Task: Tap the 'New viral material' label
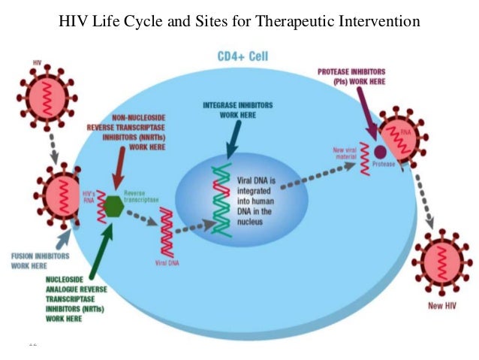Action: pos(348,154)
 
